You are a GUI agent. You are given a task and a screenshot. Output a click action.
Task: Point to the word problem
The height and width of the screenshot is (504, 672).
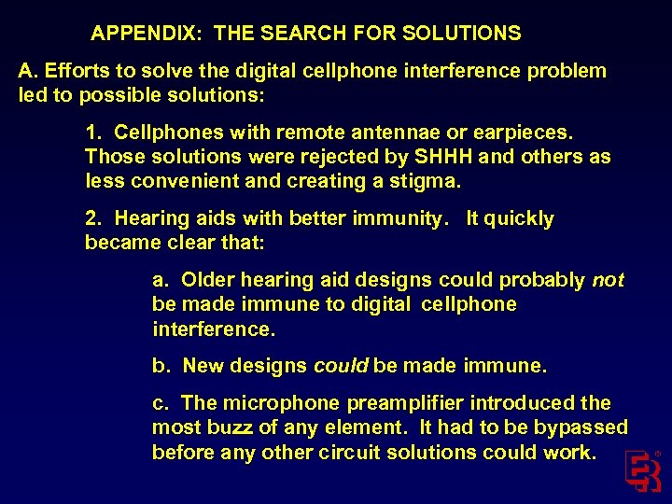(x=566, y=71)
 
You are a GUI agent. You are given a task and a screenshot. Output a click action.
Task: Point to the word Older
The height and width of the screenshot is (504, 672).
(x=207, y=280)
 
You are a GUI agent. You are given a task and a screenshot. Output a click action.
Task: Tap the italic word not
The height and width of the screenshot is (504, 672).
(x=608, y=280)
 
